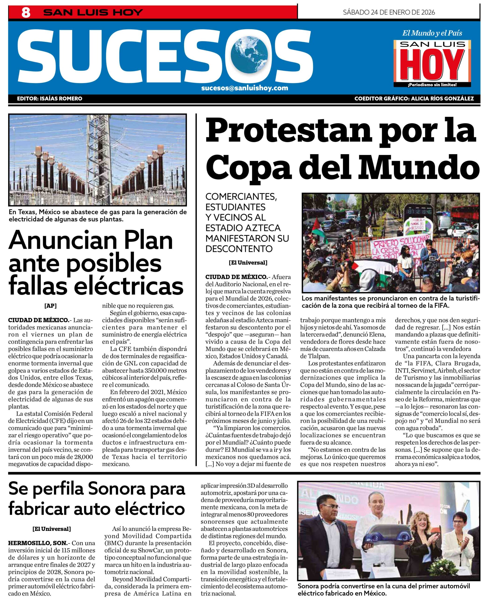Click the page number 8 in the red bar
[x=26, y=13]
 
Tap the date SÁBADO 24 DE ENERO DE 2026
[x=389, y=12]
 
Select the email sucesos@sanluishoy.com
[x=244, y=88]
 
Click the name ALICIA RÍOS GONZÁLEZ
[x=442, y=99]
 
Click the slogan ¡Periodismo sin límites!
[x=432, y=85]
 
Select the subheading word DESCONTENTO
[x=239, y=249]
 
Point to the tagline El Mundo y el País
[x=432, y=33]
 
